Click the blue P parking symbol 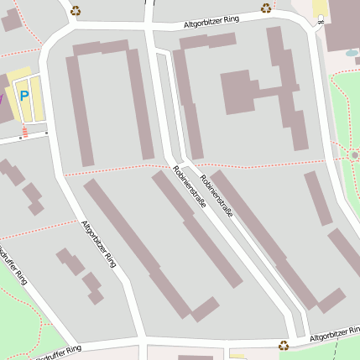[23, 96]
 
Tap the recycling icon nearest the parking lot [76, 11]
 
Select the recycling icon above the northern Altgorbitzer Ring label [266, 8]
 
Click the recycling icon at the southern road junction [284, 344]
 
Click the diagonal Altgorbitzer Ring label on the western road [98, 243]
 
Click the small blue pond [351, 53]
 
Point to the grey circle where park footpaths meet [355, 155]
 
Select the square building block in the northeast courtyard [237, 91]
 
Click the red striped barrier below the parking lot [24, 132]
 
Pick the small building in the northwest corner [11, 20]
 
